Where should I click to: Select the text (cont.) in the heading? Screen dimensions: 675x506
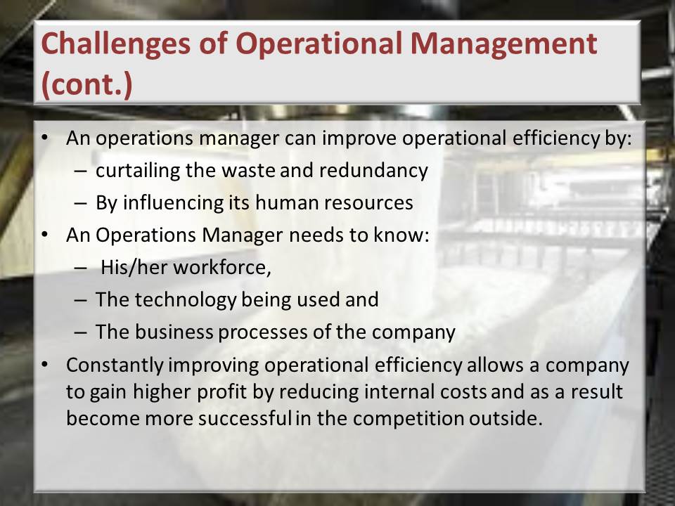(x=86, y=84)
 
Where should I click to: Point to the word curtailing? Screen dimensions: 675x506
(x=138, y=171)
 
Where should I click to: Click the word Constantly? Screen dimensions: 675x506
(x=115, y=365)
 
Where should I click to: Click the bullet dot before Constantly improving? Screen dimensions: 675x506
(x=45, y=365)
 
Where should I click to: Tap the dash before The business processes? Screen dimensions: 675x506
(x=80, y=332)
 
